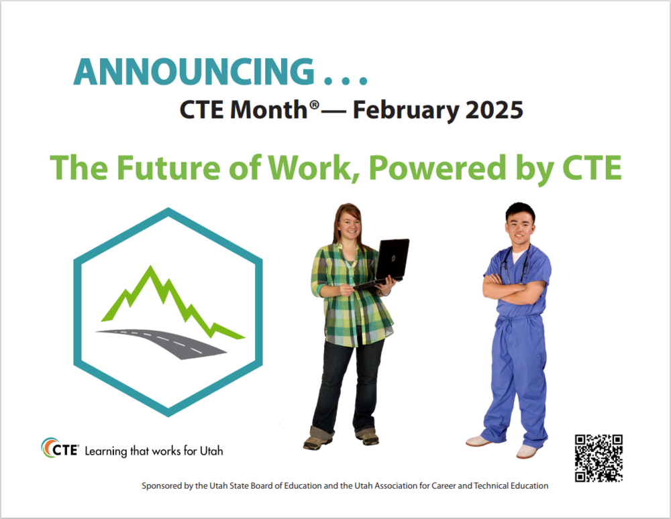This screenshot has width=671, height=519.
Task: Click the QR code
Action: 599,458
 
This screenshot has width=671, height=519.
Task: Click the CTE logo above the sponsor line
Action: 60,449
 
